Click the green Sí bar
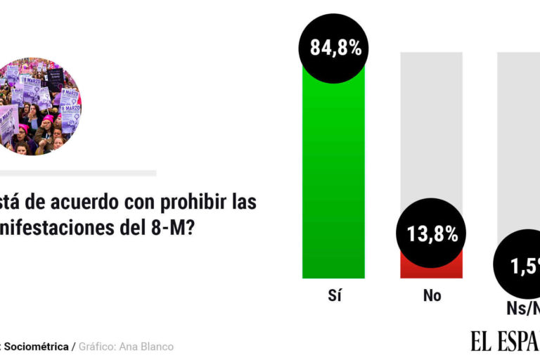333,176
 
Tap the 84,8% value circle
335,48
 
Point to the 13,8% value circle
432,234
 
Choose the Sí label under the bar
334,296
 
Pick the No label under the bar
432,296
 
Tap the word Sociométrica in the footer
37,347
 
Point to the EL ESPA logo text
505,342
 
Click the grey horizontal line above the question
77,173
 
